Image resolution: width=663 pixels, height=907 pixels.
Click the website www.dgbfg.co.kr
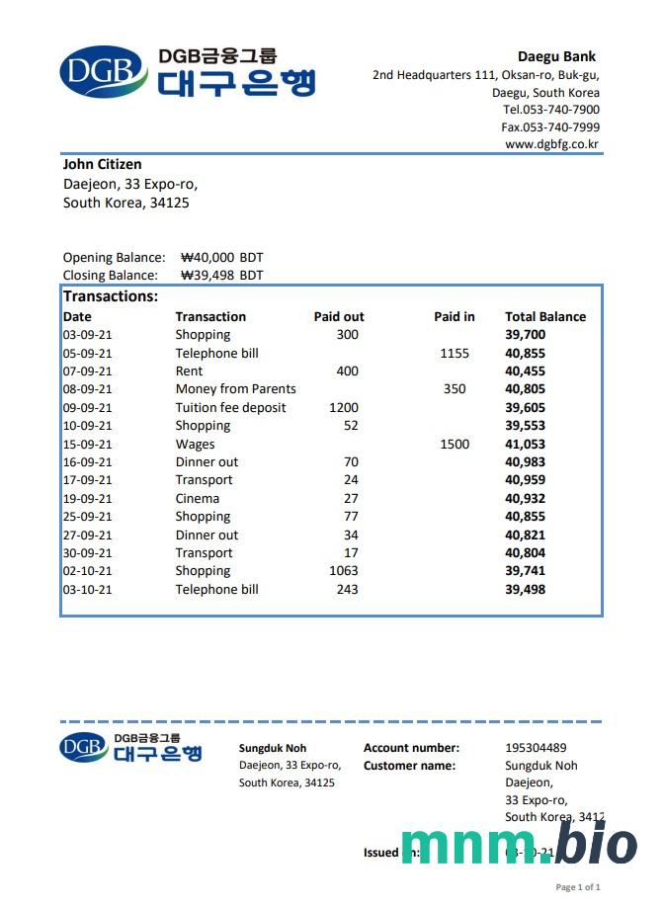[551, 144]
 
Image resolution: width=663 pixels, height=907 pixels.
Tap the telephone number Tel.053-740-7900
[550, 110]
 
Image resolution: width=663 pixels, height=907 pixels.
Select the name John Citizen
[102, 164]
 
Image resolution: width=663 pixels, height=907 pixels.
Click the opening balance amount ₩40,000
[208, 258]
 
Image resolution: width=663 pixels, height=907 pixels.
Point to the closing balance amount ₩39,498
[207, 276]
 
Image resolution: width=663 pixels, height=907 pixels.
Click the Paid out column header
[339, 317]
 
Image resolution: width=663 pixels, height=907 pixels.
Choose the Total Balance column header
[545, 317]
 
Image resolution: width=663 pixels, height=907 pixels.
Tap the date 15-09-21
[87, 445]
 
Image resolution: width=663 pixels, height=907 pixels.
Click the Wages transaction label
[195, 445]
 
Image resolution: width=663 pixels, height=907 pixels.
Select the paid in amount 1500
[455, 445]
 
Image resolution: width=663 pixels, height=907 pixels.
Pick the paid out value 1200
[344, 408]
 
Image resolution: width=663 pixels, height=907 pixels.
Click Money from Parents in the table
[235, 389]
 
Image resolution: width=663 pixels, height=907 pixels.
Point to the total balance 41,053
[525, 445]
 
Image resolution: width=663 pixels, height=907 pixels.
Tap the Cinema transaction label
[198, 499]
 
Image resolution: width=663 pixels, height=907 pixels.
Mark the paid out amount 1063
[344, 571]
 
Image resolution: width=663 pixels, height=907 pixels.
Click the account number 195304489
[536, 748]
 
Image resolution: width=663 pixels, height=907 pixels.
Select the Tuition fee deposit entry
[230, 408]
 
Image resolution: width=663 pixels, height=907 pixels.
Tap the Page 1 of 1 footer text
[578, 887]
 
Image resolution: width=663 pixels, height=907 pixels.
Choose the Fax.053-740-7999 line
[550, 127]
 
